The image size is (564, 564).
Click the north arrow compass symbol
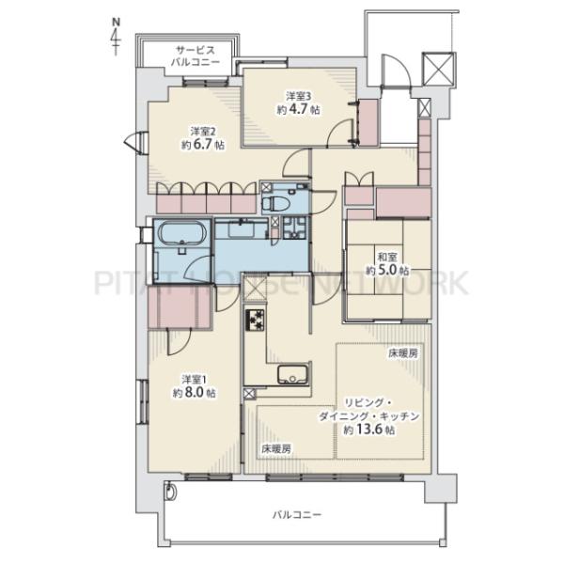[116, 37]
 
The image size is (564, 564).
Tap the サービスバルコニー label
[196, 55]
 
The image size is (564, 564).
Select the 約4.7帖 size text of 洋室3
[298, 109]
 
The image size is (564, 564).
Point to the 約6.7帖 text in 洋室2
[203, 145]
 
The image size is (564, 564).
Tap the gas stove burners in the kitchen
[255, 320]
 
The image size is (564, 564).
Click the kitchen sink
[293, 374]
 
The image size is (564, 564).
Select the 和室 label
[387, 258]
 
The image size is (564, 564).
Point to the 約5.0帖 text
[387, 270]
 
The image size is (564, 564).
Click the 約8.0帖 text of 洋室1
[195, 393]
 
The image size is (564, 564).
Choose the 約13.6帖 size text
[369, 430]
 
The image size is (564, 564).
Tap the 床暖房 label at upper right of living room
[403, 353]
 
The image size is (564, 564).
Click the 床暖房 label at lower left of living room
[276, 448]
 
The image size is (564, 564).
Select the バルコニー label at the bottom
[296, 515]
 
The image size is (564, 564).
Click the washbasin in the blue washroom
[242, 229]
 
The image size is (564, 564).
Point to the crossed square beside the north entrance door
[438, 69]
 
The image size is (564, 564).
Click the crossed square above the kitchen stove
[256, 288]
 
